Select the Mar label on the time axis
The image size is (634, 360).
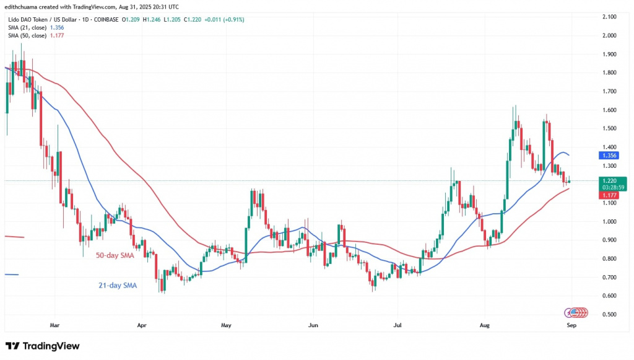click(54, 325)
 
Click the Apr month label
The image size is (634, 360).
click(142, 325)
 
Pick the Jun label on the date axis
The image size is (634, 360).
click(313, 325)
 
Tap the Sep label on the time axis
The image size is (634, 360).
click(571, 325)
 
